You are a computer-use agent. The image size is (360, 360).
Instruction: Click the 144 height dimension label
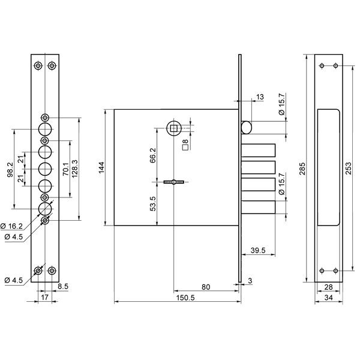click(102, 167)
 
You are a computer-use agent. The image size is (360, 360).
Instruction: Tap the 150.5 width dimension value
click(185, 298)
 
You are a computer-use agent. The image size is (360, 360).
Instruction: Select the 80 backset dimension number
click(206, 287)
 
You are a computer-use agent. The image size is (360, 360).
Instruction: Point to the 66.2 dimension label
click(153, 155)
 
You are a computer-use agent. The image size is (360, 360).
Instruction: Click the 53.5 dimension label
click(153, 203)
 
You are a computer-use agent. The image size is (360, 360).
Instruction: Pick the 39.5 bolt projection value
click(258, 250)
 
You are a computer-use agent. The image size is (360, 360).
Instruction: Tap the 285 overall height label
click(302, 169)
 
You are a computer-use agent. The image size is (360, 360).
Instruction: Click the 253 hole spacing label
click(348, 168)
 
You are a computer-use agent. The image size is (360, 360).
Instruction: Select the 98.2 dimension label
click(10, 169)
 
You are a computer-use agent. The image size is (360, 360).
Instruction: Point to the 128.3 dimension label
click(75, 169)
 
